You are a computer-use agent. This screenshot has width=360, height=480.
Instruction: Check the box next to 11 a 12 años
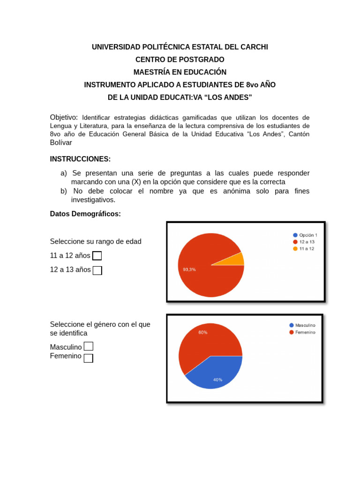(x=97, y=255)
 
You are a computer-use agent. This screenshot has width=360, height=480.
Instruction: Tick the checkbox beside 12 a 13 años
(x=97, y=270)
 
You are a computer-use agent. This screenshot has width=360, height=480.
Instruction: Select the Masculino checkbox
(x=89, y=346)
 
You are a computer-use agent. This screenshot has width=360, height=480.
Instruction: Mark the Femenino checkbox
(x=89, y=358)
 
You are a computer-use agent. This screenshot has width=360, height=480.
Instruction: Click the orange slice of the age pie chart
(x=238, y=259)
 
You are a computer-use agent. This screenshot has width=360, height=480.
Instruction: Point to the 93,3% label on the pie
(x=189, y=270)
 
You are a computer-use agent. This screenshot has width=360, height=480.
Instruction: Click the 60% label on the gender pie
(x=202, y=332)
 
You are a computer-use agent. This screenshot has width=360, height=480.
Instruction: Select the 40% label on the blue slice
(x=217, y=380)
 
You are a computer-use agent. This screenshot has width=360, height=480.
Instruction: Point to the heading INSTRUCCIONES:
(x=80, y=159)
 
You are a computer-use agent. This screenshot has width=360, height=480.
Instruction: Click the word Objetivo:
(x=64, y=117)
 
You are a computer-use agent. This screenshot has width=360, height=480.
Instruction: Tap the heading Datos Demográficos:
(x=85, y=214)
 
